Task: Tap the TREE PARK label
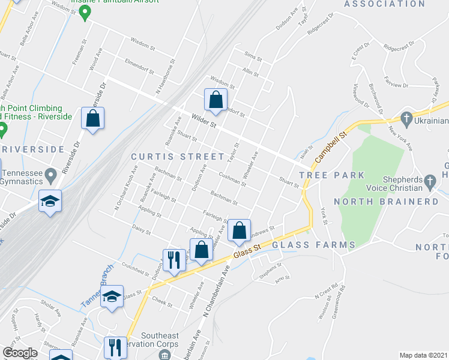[331, 175]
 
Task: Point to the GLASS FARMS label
[314, 245]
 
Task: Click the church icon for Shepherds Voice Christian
[430, 181]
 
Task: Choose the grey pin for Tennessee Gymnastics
[51, 176]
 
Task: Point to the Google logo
[20, 353]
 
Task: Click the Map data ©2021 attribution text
[423, 355]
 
